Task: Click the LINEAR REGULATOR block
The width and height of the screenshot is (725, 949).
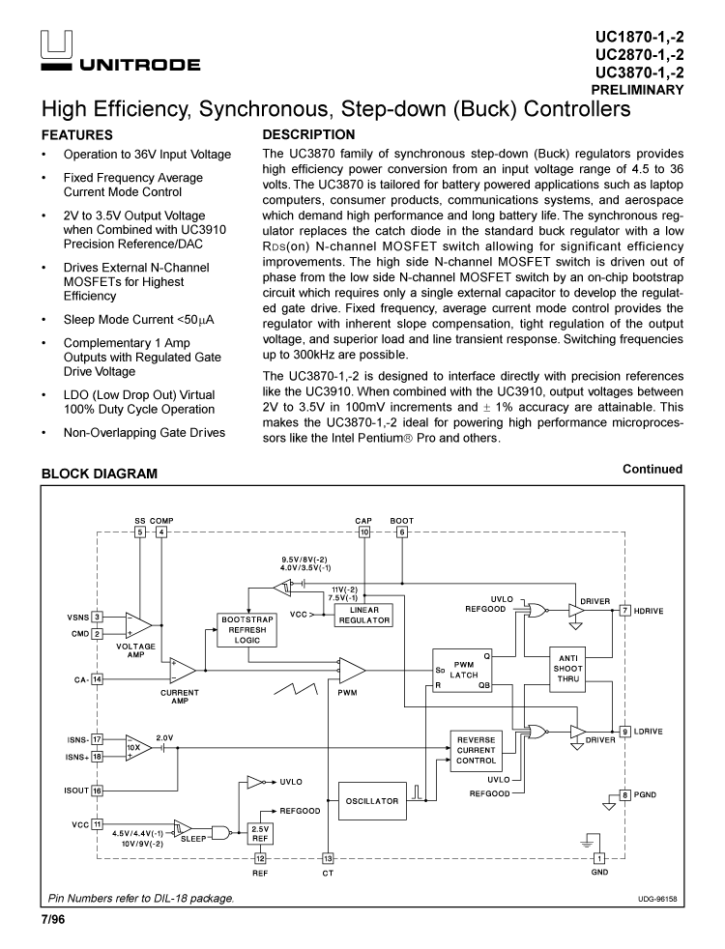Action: pyautogui.click(x=363, y=616)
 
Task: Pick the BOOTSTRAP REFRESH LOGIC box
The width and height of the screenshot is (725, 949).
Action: pyautogui.click(x=247, y=629)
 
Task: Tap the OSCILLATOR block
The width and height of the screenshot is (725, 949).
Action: pyautogui.click(x=372, y=801)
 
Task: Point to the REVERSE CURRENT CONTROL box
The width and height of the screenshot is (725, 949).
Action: pyautogui.click(x=477, y=749)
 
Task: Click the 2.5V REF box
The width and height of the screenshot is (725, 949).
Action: pyautogui.click(x=260, y=833)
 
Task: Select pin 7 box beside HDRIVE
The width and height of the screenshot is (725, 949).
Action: pyautogui.click(x=625, y=610)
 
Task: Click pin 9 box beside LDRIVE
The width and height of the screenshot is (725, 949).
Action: pyautogui.click(x=625, y=732)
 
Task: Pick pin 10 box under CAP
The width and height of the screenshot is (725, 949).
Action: pyautogui.click(x=364, y=532)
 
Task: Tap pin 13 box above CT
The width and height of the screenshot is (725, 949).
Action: pyautogui.click(x=328, y=858)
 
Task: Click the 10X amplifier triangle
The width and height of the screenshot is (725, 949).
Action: pyautogui.click(x=136, y=747)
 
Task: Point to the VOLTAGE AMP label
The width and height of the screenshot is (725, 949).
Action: pyautogui.click(x=135, y=649)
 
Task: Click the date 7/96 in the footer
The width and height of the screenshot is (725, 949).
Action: pyautogui.click(x=53, y=918)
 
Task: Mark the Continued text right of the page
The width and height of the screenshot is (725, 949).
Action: pyautogui.click(x=652, y=469)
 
